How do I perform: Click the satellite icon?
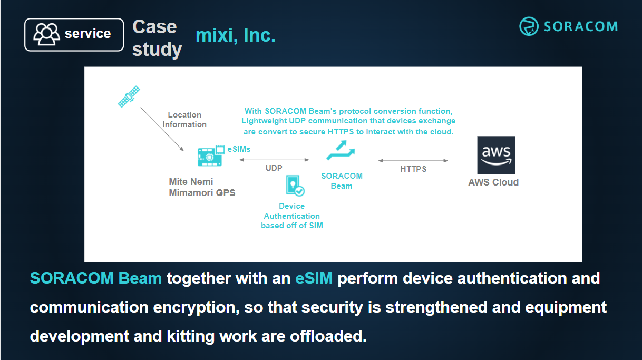[x=129, y=96]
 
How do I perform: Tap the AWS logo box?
[x=496, y=155]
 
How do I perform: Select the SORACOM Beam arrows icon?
[x=341, y=151]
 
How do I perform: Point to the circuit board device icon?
[x=210, y=156]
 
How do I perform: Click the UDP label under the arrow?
[x=274, y=168]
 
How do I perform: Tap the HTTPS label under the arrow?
[x=413, y=169]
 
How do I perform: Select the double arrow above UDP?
[x=274, y=160]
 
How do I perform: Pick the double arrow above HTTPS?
[x=413, y=161]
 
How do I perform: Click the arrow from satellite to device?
[x=162, y=129]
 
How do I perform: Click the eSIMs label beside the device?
[x=239, y=149]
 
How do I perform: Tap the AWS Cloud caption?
[x=493, y=182]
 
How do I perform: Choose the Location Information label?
[x=184, y=120]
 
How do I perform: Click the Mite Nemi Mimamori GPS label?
[x=202, y=187]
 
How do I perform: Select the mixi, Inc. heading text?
[x=236, y=36]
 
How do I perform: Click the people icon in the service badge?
[x=46, y=34]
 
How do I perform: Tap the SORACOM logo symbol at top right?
[x=528, y=26]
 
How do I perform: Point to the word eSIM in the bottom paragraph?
[x=314, y=278]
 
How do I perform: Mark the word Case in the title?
[x=154, y=26]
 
